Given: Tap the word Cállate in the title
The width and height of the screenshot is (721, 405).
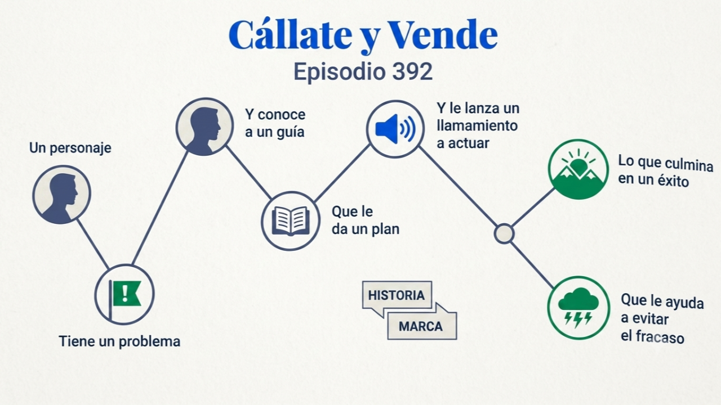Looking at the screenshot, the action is pyautogui.click(x=290, y=34).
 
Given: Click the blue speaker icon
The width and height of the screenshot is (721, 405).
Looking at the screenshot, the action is pyautogui.click(x=395, y=129).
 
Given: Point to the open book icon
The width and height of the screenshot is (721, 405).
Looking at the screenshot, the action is pyautogui.click(x=291, y=221).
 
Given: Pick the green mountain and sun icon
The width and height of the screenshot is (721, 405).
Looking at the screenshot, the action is pyautogui.click(x=578, y=169).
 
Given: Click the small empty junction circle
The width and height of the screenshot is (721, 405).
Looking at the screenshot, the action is pyautogui.click(x=504, y=233).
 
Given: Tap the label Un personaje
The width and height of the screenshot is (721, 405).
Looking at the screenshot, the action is pyautogui.click(x=70, y=148).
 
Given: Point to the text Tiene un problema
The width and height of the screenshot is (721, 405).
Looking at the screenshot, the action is pyautogui.click(x=119, y=341).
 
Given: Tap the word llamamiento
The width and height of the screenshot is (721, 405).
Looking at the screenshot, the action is pyautogui.click(x=477, y=126).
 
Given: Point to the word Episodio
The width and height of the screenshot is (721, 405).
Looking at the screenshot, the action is pyautogui.click(x=340, y=71).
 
